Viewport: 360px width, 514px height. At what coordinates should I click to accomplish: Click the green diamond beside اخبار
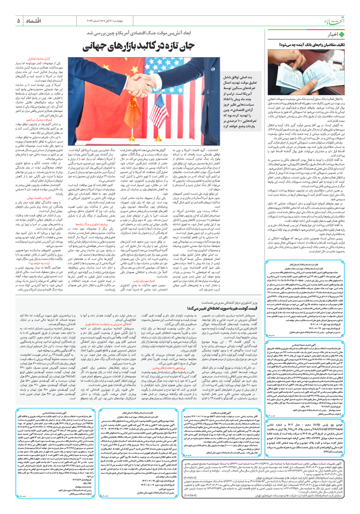click(342, 35)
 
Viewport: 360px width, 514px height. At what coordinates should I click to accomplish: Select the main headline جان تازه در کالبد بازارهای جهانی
click(138, 46)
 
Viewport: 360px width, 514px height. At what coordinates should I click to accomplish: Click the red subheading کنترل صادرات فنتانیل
click(39, 59)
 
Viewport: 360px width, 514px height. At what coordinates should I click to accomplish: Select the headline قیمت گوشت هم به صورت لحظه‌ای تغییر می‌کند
click(222, 308)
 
